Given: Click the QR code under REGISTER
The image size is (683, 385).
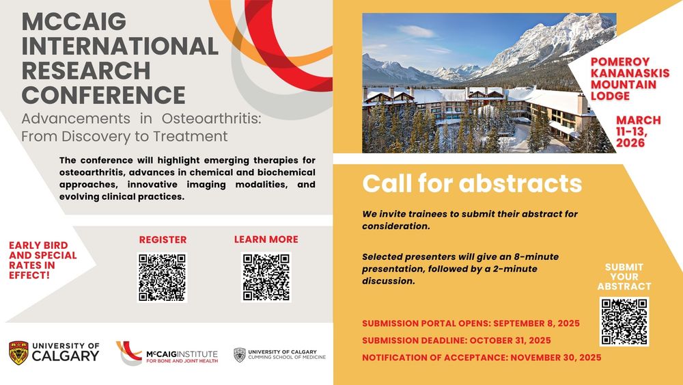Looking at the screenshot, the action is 162,278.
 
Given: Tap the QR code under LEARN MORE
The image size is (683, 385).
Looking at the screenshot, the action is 266,278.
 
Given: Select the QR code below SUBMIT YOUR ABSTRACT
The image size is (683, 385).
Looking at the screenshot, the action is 624,322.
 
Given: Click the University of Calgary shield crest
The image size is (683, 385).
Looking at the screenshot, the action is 18,353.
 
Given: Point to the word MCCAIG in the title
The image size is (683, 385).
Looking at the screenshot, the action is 74,22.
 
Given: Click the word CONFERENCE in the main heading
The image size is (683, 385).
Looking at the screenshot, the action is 104,95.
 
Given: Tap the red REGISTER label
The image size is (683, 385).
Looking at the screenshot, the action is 163,239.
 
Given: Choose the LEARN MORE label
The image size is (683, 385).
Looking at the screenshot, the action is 266,239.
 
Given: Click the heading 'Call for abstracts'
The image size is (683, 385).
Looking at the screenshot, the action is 472,183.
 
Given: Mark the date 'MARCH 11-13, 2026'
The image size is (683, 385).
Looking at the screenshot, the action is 638,131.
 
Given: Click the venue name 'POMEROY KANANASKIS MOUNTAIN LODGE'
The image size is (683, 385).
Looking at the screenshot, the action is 630,79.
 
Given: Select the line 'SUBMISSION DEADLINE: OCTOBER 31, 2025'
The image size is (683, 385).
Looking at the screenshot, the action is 456,340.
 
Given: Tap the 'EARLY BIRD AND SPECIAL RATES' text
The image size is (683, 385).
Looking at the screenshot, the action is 42,261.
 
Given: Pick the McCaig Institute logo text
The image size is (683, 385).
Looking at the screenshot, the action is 182,356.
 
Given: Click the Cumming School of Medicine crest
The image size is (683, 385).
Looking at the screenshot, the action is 240,354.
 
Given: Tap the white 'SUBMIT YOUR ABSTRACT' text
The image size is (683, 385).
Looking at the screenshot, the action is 624,277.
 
